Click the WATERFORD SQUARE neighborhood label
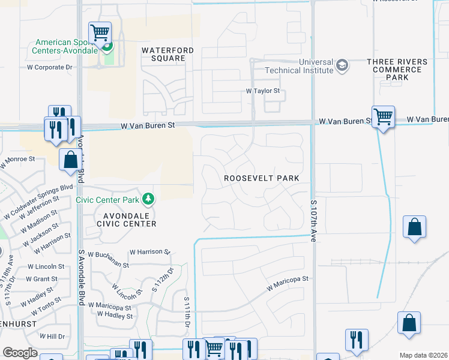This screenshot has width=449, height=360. click(x=163, y=54)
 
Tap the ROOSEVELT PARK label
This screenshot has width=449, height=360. click(x=261, y=179)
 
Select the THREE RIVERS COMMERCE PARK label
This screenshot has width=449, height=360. click(x=397, y=70)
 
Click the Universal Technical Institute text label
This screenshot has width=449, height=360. click(x=298, y=66)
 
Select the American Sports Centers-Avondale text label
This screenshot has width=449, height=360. click(x=65, y=46)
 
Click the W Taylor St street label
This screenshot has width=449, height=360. click(x=263, y=91)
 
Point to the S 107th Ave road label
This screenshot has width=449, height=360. click(x=313, y=221)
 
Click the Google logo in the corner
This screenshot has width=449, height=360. click(x=20, y=353)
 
